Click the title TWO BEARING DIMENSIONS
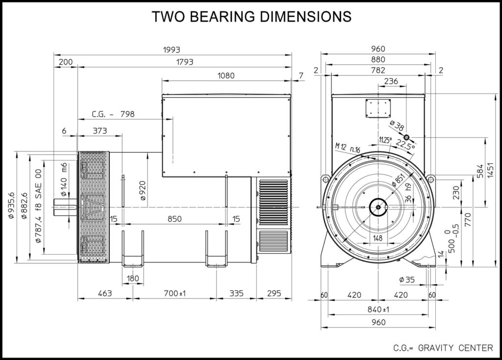[x=251, y=17]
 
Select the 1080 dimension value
[x=226, y=76]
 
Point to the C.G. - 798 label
[x=113, y=114]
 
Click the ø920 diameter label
[x=143, y=191]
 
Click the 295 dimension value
[x=274, y=294]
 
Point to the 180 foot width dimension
[x=132, y=279]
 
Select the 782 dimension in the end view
[x=378, y=71]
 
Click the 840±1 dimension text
[x=378, y=309]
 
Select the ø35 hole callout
[x=407, y=280]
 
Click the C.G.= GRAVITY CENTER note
[x=443, y=348]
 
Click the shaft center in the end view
[x=378, y=207]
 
